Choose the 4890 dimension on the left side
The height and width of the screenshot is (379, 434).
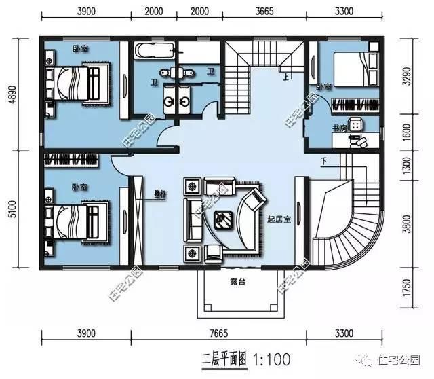tap(12, 93)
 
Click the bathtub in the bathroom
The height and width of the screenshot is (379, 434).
tap(155, 51)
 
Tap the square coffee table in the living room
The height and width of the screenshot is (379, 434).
tap(222, 218)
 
